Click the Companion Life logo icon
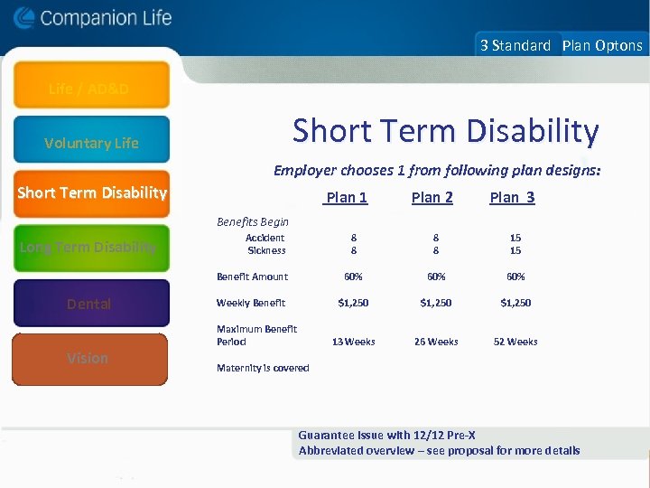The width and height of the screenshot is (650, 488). [x=24, y=18]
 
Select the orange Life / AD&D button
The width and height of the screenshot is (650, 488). [x=90, y=88]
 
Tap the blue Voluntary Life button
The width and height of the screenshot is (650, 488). [x=91, y=142]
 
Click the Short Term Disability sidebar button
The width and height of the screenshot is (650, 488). [x=91, y=192]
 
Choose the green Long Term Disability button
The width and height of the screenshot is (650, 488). [x=91, y=248]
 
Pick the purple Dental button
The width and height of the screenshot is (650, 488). [x=90, y=304]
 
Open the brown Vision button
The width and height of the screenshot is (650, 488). [x=89, y=358]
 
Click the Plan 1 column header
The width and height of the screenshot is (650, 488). [x=347, y=198]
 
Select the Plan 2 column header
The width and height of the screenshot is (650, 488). [x=432, y=198]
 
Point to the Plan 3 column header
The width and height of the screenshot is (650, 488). [x=512, y=198]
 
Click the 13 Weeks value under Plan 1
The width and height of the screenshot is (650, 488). [x=353, y=342]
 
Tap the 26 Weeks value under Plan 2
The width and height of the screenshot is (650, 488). [x=436, y=342]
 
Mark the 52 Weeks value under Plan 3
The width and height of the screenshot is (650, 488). [x=515, y=342]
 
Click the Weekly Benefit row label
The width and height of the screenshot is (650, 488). [x=251, y=303]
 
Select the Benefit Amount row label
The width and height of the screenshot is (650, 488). [x=252, y=277]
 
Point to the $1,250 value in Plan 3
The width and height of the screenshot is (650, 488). [x=515, y=303]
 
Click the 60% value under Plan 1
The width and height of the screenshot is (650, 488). [x=353, y=277]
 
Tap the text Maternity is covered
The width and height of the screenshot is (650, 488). [x=263, y=368]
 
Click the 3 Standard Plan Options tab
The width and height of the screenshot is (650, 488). [x=561, y=45]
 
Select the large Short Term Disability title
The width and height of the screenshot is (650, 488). [x=445, y=132]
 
